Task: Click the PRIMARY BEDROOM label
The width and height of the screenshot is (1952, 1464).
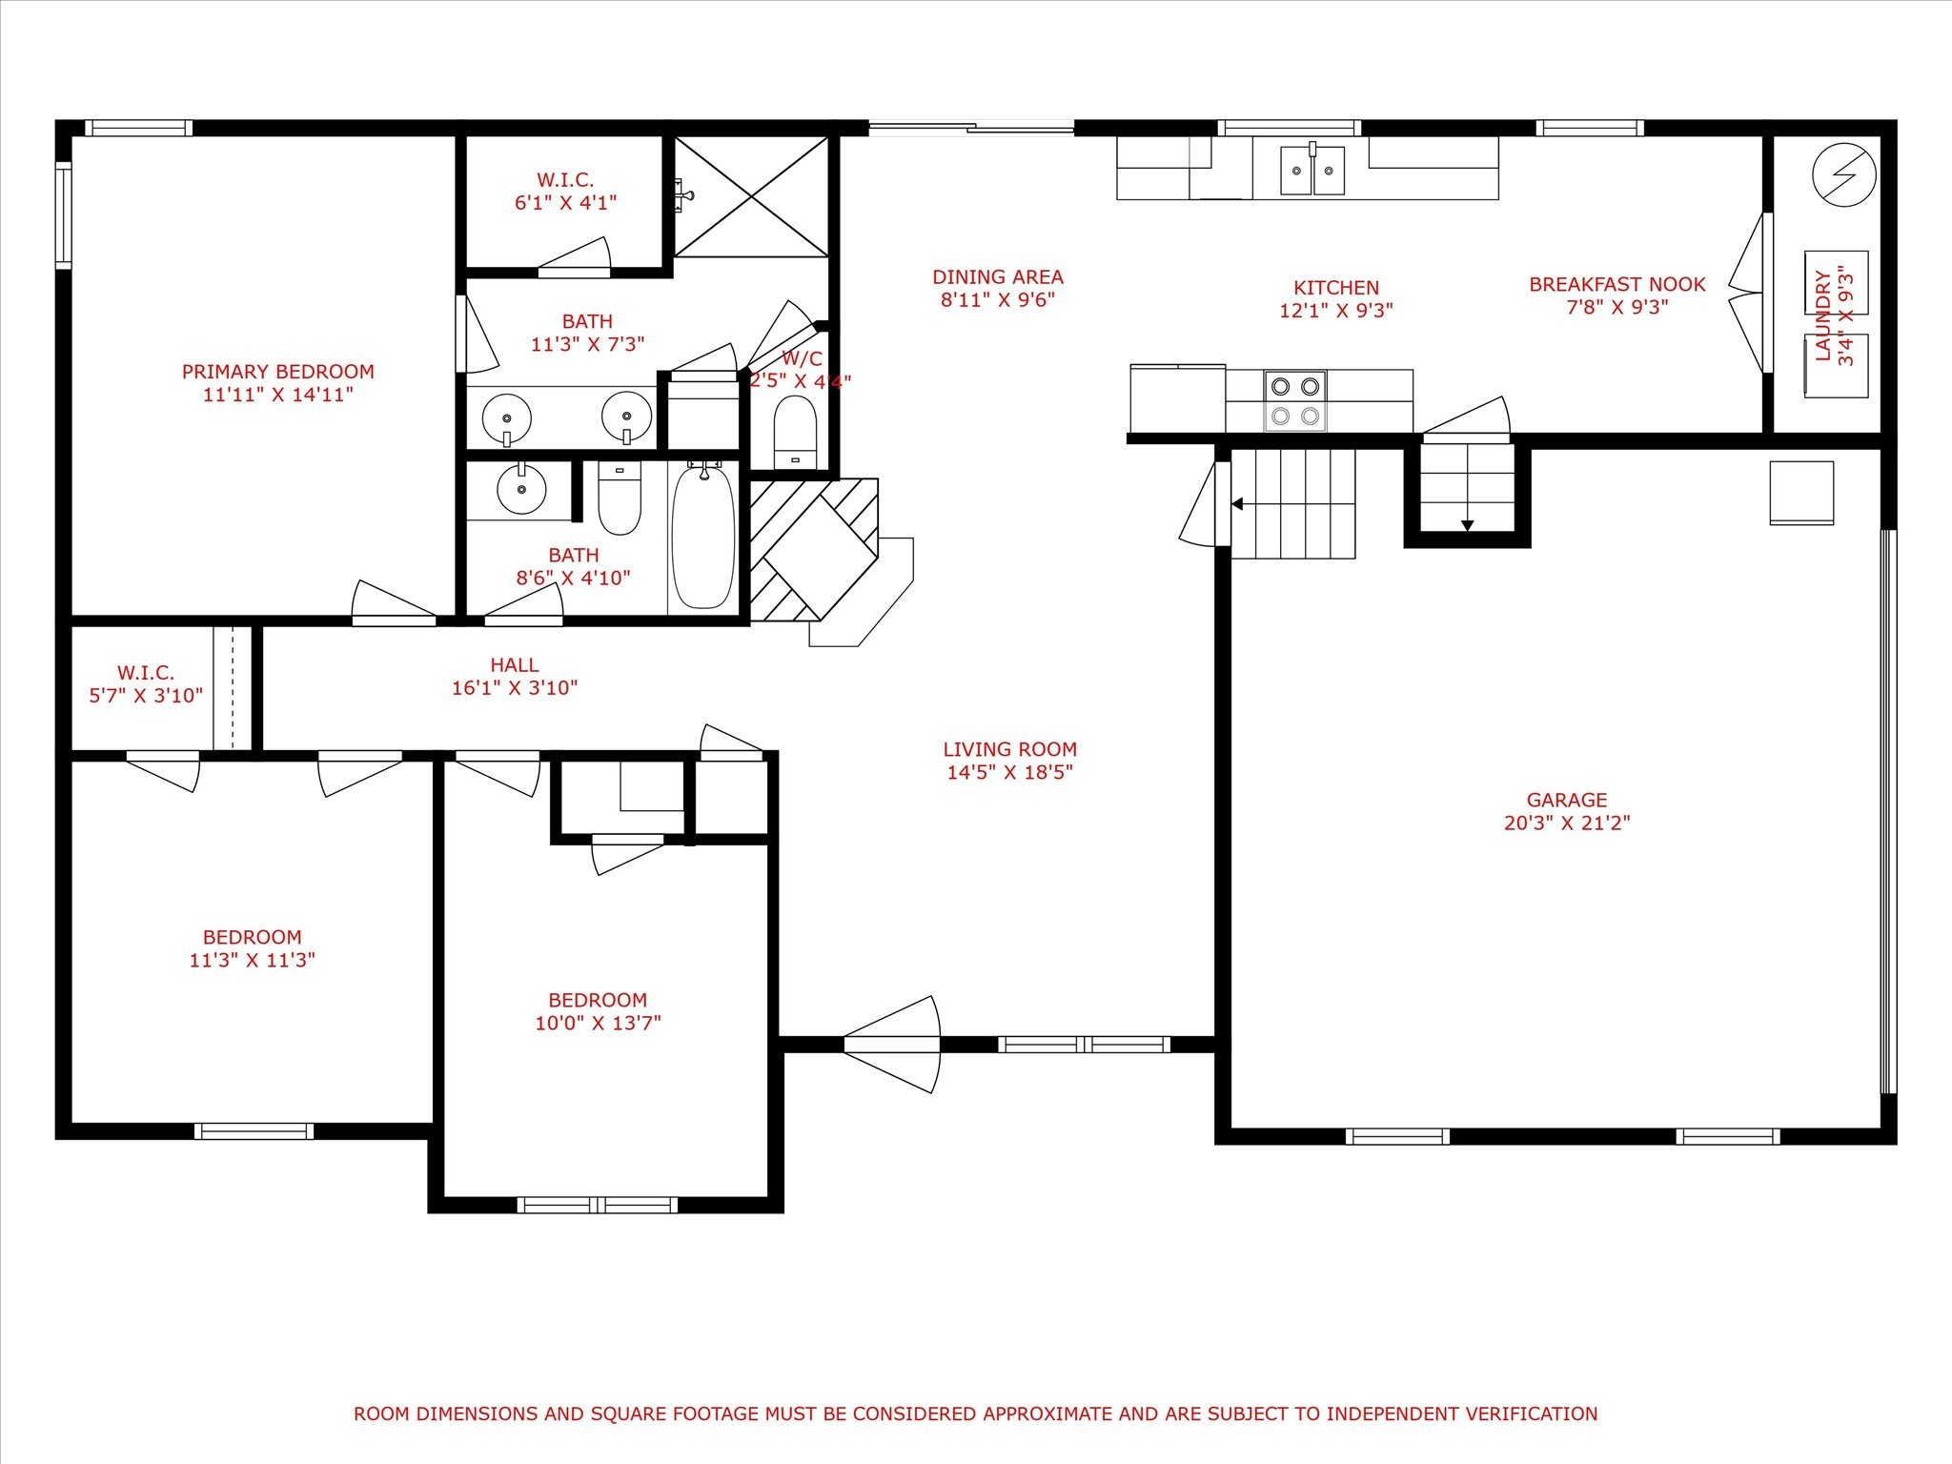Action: pos(278,372)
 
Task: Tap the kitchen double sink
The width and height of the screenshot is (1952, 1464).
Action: pos(1311,171)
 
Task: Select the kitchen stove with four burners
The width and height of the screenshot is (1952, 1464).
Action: pos(1295,400)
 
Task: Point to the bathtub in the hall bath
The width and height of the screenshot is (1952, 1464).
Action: pos(703,536)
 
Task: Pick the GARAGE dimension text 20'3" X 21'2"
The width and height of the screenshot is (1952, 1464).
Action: pos(1567,823)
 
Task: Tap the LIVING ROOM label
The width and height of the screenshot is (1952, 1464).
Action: pos(1010,750)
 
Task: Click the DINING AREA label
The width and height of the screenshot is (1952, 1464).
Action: pos(998,277)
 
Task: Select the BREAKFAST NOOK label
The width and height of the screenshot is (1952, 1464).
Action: pos(1617,284)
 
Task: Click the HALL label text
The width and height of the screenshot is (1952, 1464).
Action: pos(515,665)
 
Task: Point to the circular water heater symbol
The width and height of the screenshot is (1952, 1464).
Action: pos(1844,175)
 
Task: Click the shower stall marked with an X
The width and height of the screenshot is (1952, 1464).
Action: pos(752,196)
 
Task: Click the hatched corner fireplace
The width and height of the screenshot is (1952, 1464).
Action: pos(812,550)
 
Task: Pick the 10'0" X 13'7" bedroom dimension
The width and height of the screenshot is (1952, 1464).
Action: pos(599,1023)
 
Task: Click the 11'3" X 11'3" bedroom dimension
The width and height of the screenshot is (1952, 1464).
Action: pos(253,960)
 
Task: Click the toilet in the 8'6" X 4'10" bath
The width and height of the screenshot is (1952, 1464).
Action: pos(620,498)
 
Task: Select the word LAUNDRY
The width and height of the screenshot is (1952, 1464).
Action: pos(1823,315)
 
